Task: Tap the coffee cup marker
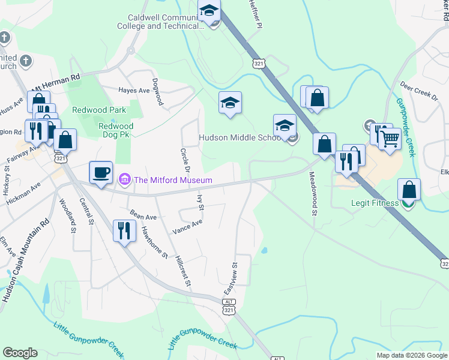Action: [x=100, y=173]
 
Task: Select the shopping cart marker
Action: [x=390, y=140]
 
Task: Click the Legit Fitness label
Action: [x=375, y=203]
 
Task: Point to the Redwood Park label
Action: [x=99, y=110]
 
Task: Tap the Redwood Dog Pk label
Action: [x=115, y=130]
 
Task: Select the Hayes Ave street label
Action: [x=134, y=91]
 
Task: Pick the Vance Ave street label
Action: [x=187, y=226]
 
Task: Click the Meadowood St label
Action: [x=312, y=193]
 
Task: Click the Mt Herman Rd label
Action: [x=56, y=82]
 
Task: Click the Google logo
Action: [x=20, y=353]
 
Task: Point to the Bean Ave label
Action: [x=143, y=215]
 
